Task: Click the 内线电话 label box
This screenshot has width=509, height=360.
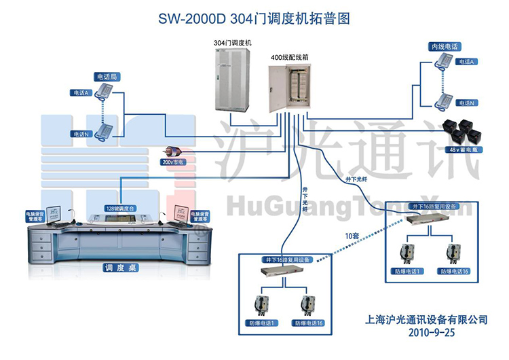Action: coord(444,47)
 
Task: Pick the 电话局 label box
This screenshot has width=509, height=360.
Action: coord(105,77)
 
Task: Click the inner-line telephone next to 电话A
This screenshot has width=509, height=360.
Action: coord(445,62)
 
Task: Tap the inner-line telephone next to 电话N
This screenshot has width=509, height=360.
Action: coord(445,102)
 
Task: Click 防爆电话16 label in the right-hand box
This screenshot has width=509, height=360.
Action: coord(454,271)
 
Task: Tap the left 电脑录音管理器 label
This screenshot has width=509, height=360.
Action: coord(34,217)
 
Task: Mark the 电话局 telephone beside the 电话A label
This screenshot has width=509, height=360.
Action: coord(104,91)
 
